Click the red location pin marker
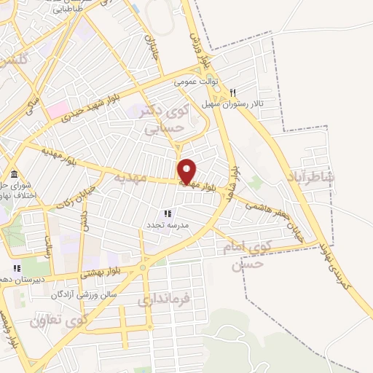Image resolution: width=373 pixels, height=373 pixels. [186, 170]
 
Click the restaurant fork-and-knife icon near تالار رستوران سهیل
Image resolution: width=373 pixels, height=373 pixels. [232, 93]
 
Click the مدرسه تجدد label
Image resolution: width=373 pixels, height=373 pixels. [168, 225]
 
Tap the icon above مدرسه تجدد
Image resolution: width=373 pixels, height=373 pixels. [168, 213]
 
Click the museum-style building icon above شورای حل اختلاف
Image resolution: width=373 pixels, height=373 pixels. [15, 173]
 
